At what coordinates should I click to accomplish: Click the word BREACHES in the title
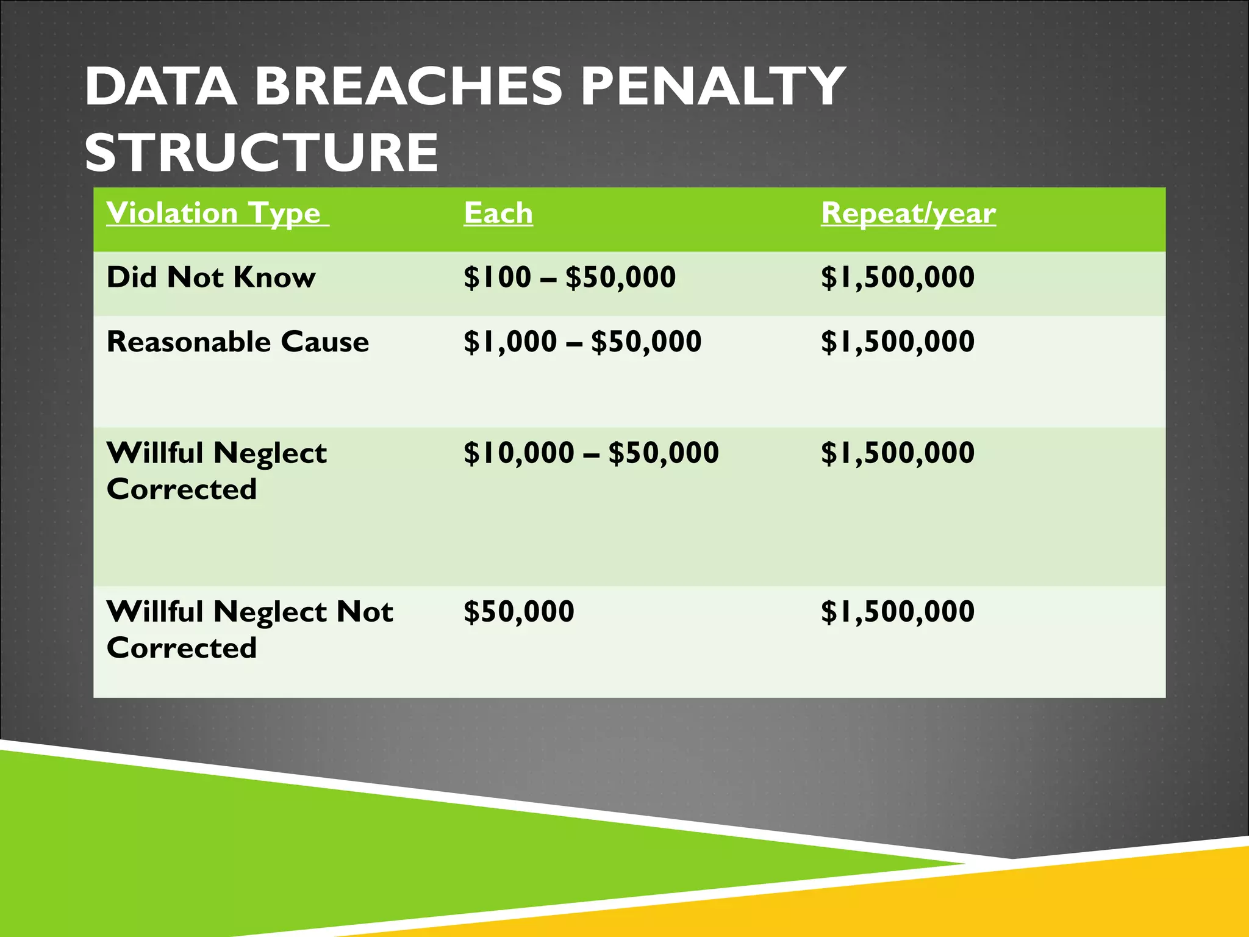407,87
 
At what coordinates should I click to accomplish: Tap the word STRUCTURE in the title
261,153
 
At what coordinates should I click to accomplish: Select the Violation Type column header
217,214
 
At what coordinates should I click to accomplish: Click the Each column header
498,214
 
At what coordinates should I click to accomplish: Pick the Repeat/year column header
908,214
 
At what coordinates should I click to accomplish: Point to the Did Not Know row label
211,278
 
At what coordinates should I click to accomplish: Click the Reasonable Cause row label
238,342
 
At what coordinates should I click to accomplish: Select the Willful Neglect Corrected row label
217,471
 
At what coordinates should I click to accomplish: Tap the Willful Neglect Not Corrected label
249,630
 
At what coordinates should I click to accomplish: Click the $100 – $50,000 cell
570,278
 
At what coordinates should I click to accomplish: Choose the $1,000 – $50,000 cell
582,342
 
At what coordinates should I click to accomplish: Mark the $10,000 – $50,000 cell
591,453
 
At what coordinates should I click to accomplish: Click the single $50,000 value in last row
519,612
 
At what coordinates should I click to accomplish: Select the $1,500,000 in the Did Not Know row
898,278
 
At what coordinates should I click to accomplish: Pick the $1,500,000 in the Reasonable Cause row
898,342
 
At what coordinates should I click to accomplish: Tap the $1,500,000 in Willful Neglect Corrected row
898,453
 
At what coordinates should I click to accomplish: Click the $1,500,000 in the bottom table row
898,612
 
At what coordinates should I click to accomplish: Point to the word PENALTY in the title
712,87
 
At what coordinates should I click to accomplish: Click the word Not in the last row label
365,612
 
